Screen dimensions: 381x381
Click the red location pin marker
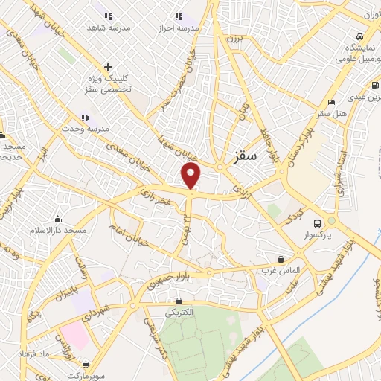pos(191,175)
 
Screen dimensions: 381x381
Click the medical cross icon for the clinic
pos(109,68)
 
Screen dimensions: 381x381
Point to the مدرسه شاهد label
pos(108,28)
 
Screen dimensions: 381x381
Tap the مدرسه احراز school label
pos(179,28)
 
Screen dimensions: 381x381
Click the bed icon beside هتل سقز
pos(331,102)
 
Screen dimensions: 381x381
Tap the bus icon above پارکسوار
pos(318,223)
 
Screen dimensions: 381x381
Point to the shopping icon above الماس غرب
pos(281,260)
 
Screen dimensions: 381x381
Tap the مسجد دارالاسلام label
pos(58,231)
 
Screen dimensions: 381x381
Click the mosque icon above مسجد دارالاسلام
pos(57,219)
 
